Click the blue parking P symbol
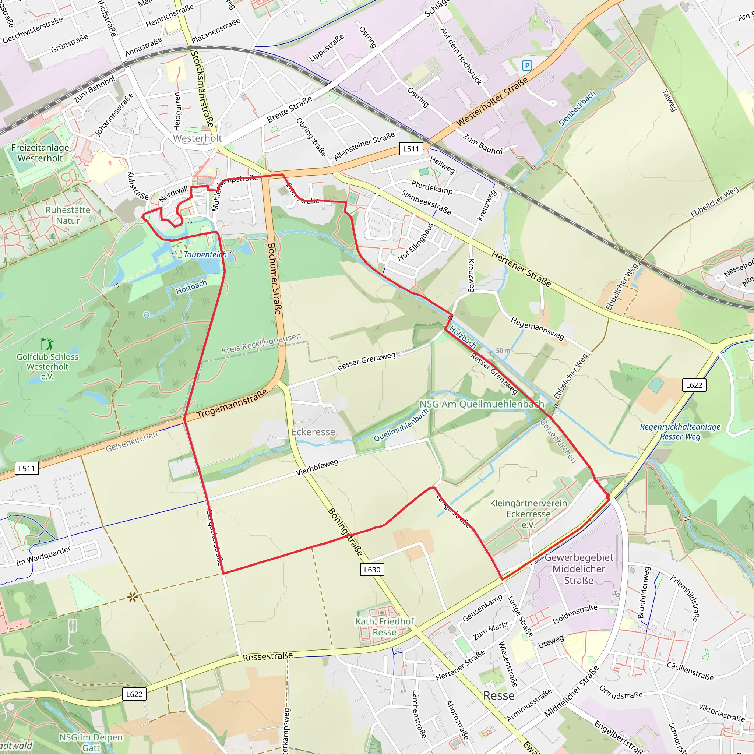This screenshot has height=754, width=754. tap(527, 66)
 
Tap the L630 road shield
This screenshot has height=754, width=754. tap(372, 570)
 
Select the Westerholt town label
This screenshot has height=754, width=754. tap(197, 138)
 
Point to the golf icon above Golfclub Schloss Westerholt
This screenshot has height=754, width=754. tap(47, 344)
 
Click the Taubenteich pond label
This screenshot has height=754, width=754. tap(205, 254)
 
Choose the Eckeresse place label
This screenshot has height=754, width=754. tap(313, 432)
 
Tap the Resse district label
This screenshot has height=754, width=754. tap(499, 695)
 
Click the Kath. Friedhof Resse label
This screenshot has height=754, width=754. tap(384, 626)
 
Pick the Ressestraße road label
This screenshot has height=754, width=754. tap(268, 656)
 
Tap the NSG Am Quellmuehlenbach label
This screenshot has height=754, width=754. tap(482, 404)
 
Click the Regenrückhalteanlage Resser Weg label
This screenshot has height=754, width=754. tap(680, 431)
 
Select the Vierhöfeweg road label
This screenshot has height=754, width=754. tap(317, 467)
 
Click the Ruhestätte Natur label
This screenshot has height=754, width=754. tap(68, 215)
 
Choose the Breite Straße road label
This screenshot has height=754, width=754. tap(290, 109)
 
